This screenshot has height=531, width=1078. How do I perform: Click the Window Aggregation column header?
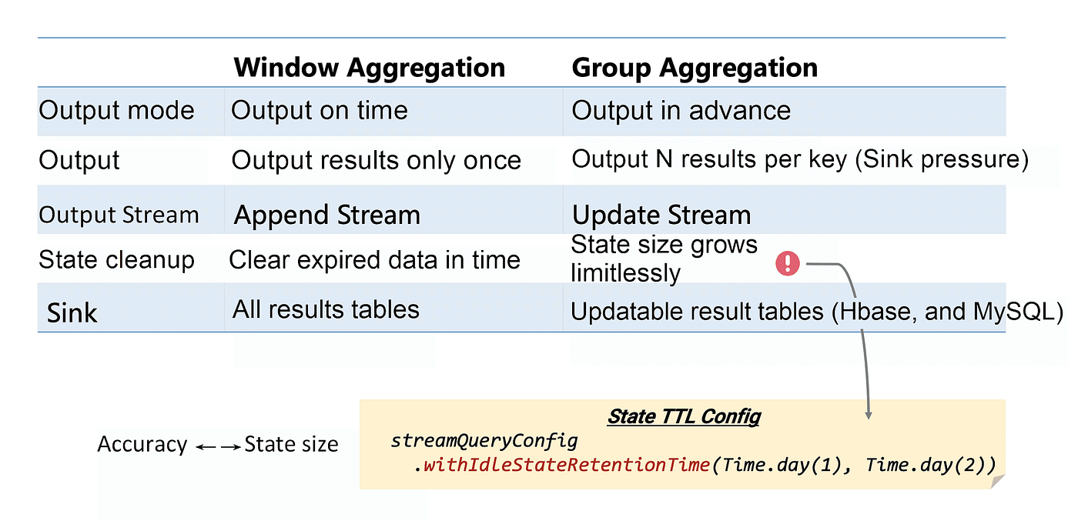tap(369, 68)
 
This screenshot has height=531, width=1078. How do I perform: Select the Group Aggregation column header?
tap(695, 68)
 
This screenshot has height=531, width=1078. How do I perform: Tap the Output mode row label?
tap(116, 110)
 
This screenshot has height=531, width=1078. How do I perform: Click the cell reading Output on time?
tap(320, 110)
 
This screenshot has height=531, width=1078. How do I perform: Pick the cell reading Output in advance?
tap(681, 110)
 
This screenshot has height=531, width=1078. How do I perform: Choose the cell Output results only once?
tap(377, 160)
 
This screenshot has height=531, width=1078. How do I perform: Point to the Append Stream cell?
tap(326, 215)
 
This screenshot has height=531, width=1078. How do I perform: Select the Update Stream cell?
tap(661, 215)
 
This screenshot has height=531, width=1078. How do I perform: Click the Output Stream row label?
tap(119, 215)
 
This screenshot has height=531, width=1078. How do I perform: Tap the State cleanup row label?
tap(116, 260)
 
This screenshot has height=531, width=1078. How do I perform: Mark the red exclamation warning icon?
tap(787, 263)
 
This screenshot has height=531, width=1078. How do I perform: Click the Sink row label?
tap(72, 313)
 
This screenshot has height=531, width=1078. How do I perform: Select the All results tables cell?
tap(326, 309)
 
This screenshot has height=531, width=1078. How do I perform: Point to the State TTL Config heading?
tap(684, 416)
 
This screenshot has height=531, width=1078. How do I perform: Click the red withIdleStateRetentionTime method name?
tap(567, 465)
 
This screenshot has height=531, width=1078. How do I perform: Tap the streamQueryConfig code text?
tap(484, 440)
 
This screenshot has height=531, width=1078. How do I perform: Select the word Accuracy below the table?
tap(142, 444)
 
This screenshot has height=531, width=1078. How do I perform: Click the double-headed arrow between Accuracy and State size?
tap(219, 447)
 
